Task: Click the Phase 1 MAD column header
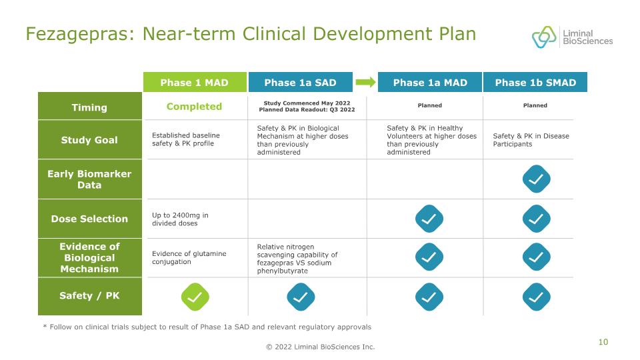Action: (x=195, y=82)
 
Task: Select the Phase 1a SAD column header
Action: (x=301, y=82)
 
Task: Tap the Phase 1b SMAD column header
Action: (x=535, y=82)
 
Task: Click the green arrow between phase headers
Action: (x=365, y=82)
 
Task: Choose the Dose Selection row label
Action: (x=90, y=219)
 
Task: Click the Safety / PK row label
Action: (x=90, y=296)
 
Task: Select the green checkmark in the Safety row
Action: (x=195, y=297)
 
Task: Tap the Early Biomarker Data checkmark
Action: (x=536, y=179)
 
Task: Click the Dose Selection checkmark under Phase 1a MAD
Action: (x=429, y=219)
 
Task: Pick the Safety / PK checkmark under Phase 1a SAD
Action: (x=301, y=297)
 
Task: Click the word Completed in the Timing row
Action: (x=194, y=107)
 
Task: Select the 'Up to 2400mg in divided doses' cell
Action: (x=180, y=219)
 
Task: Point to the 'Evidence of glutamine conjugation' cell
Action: (x=189, y=257)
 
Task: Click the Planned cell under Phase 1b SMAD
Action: (x=535, y=105)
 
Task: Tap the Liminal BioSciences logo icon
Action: (x=544, y=37)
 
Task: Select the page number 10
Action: (x=603, y=342)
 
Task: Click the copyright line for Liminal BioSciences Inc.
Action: (x=321, y=347)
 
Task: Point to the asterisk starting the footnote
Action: (x=45, y=326)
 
